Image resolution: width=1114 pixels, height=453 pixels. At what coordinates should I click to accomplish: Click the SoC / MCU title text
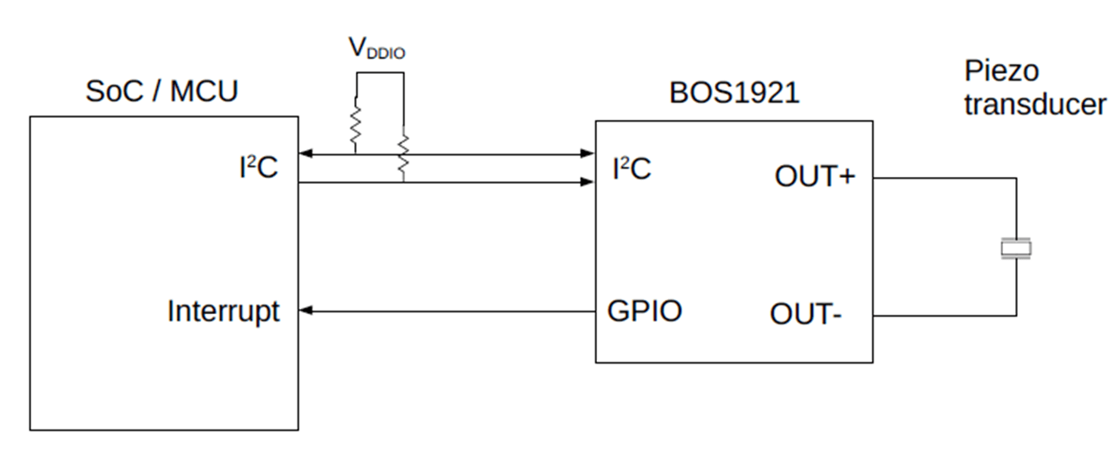[161, 92]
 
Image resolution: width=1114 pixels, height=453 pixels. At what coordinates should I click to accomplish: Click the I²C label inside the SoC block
[258, 167]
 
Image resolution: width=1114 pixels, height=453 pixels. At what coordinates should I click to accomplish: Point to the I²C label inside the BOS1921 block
[631, 168]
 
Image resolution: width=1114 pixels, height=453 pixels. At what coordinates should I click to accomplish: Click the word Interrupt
[223, 311]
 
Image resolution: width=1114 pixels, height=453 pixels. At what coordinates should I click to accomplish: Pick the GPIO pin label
[644, 311]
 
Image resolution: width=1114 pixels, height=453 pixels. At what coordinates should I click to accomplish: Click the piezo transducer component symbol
[1016, 248]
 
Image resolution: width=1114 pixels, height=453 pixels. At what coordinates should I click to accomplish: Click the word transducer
[1035, 104]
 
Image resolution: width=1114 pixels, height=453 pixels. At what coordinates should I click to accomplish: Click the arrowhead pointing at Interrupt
[305, 310]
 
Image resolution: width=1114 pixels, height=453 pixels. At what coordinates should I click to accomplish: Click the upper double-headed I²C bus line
[486, 155]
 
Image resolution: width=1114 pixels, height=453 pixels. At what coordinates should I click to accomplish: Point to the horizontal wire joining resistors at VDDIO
[379, 74]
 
